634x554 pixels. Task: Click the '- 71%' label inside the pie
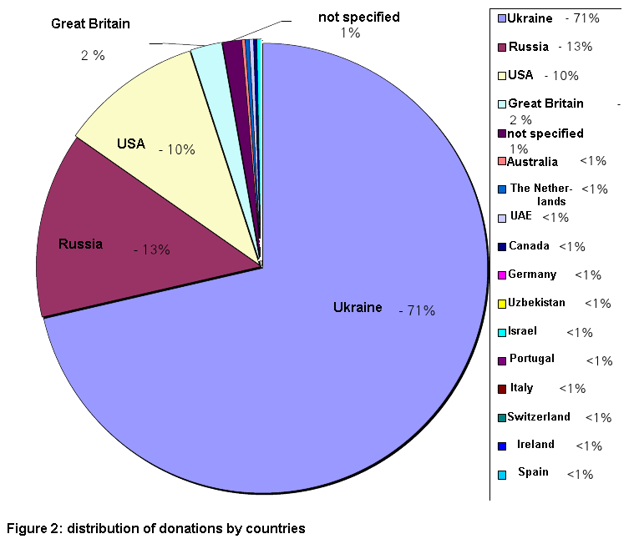pyautogui.click(x=417, y=311)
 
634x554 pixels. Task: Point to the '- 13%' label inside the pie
pyautogui.click(x=152, y=249)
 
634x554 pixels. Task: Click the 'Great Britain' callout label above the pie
pyautogui.click(x=90, y=23)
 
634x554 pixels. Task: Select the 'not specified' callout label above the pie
pyautogui.click(x=358, y=17)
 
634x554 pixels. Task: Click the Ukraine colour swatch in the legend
pyautogui.click(x=501, y=18)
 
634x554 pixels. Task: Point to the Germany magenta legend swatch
pyautogui.click(x=501, y=275)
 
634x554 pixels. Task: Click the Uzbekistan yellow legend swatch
pyautogui.click(x=501, y=304)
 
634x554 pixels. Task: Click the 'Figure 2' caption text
pyautogui.click(x=155, y=528)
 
